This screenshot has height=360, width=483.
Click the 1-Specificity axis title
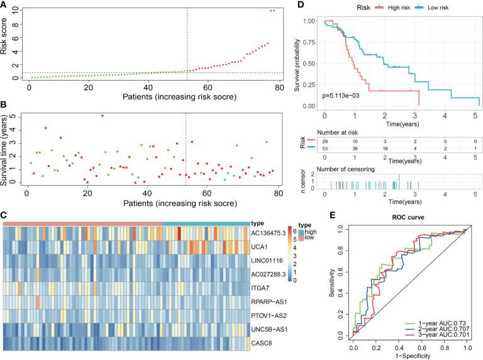(x=410, y=356)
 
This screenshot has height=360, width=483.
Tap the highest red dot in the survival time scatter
(x=103, y=116)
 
